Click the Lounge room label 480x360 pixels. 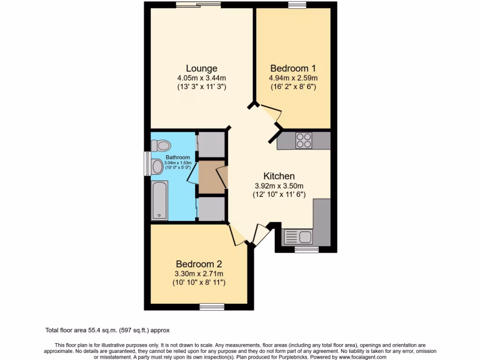point(201,68)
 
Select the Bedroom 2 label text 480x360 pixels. point(199,264)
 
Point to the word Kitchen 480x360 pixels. point(279,176)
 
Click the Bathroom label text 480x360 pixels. point(178,157)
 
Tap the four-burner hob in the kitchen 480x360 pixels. point(303,140)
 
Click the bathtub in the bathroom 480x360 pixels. point(159,201)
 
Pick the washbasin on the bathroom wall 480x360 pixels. point(156,165)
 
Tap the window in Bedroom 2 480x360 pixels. point(212,307)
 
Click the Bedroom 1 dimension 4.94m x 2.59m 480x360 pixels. point(294,78)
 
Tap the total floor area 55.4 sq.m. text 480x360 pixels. point(110,330)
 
